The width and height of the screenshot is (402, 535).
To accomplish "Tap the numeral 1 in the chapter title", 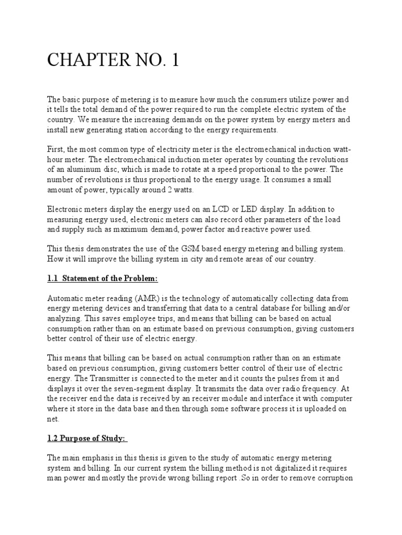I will pos(174,60).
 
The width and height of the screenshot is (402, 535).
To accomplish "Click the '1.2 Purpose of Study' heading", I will pos(88,438).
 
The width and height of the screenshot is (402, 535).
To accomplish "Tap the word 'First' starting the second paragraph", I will pos(56,149).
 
